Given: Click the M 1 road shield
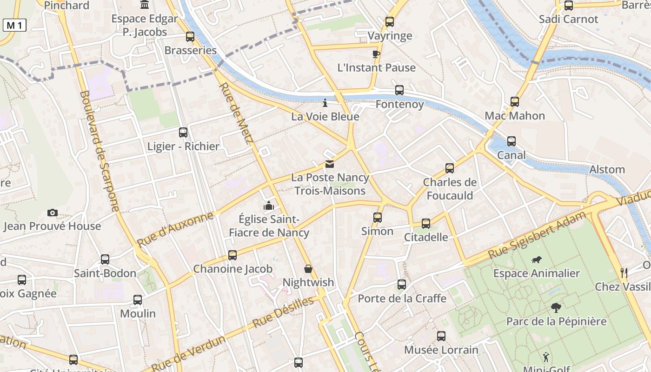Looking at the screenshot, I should (x=14, y=26).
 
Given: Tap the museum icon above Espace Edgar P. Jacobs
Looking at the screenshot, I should (x=145, y=5).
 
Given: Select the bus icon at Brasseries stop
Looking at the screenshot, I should (x=190, y=36).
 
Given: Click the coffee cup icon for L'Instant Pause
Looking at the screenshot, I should (x=376, y=54).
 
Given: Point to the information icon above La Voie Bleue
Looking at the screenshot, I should (x=325, y=103).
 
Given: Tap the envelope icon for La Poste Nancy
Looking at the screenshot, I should (x=330, y=164).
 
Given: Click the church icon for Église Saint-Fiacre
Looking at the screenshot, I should (x=269, y=205).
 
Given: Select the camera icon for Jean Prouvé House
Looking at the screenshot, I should (x=53, y=213).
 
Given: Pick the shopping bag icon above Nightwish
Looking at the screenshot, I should (x=308, y=269).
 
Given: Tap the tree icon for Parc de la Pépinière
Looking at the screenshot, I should (x=556, y=307).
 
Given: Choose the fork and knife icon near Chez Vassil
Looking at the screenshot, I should (x=624, y=273).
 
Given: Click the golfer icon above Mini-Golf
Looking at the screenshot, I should (x=546, y=357).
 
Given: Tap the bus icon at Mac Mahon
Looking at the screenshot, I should (x=514, y=101).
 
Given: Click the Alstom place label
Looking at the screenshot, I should (x=607, y=170).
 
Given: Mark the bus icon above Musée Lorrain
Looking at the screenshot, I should (x=441, y=336).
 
